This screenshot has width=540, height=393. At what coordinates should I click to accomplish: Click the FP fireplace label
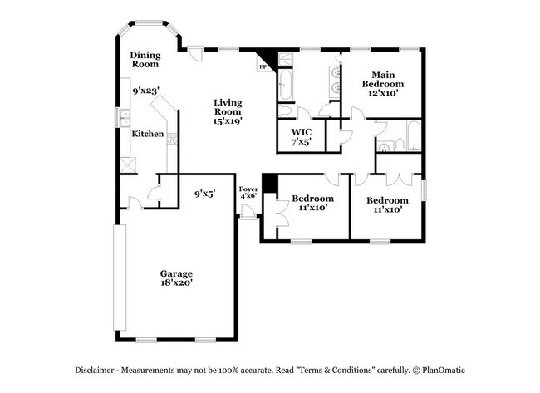[264, 66]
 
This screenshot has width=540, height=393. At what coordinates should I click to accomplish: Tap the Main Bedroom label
[382, 84]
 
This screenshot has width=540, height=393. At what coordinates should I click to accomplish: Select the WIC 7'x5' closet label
[300, 136]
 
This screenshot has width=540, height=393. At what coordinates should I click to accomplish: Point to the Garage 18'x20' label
[176, 278]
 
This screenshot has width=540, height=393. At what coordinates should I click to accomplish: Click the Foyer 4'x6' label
[249, 194]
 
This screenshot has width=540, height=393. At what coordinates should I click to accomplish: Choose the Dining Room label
[145, 59]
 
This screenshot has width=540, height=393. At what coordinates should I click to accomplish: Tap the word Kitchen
[147, 133]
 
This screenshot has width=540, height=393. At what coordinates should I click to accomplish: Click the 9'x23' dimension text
[145, 91]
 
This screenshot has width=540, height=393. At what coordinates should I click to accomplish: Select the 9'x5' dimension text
[204, 193]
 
